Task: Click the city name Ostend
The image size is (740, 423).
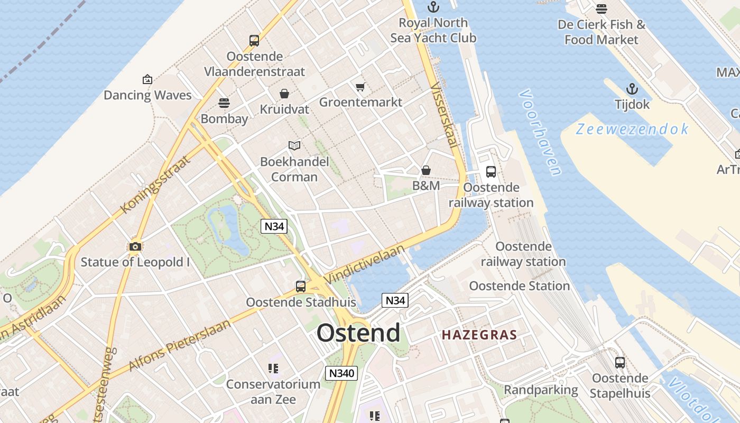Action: click(x=358, y=333)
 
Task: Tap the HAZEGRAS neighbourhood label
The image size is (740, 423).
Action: click(x=479, y=335)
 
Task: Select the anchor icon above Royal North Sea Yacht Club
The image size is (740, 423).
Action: click(x=433, y=7)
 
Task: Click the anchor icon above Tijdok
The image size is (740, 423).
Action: click(x=632, y=89)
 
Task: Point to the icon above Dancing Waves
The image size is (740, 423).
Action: click(x=147, y=80)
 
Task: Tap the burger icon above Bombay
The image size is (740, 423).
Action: click(x=224, y=103)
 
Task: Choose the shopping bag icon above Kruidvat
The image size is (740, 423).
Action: click(x=284, y=94)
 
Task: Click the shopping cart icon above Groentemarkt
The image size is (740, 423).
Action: click(x=360, y=87)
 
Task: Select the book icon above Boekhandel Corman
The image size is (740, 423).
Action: click(x=294, y=145)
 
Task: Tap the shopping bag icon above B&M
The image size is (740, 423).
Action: click(x=426, y=170)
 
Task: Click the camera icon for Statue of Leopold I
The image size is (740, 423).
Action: click(x=135, y=246)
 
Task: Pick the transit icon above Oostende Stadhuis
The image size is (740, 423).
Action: click(x=301, y=287)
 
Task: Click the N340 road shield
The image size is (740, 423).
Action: click(x=341, y=373)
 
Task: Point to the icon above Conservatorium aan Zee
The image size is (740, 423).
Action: click(x=273, y=368)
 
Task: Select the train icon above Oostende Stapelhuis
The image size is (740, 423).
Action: click(x=620, y=363)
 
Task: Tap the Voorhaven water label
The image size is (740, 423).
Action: click(x=540, y=132)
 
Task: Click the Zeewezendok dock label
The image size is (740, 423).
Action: click(x=632, y=129)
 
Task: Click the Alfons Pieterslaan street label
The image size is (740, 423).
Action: click(x=180, y=345)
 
